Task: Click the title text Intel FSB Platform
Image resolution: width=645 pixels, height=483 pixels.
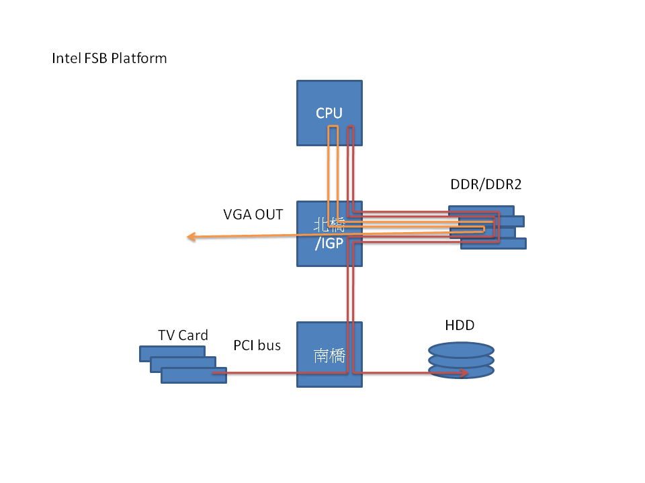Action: pos(110,58)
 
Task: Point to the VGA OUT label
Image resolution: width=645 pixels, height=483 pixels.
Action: pos(253,215)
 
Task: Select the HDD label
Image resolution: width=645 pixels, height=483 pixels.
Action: pos(460,325)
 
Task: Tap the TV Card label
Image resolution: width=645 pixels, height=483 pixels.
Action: pos(183,335)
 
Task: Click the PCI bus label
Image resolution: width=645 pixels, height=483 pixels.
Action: pos(257,345)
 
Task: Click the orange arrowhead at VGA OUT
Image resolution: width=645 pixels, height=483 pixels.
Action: pos(191,236)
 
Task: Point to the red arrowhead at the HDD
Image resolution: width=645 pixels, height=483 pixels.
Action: pos(464,372)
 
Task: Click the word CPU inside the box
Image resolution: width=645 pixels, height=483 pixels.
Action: pos(329,113)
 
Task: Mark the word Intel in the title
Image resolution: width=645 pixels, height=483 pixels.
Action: pos(64,58)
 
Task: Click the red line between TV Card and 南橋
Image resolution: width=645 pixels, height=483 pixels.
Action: pos(262,372)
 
